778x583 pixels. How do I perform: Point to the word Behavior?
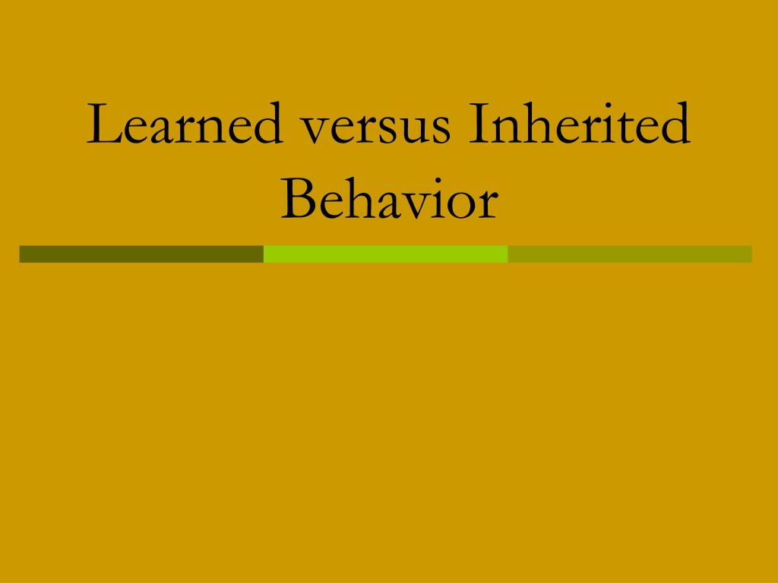(x=389, y=199)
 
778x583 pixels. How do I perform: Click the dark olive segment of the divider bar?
(x=141, y=254)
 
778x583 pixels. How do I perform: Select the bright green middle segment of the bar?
(x=385, y=254)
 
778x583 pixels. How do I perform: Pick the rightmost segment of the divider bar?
(x=630, y=254)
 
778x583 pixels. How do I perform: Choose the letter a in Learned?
(x=160, y=131)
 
